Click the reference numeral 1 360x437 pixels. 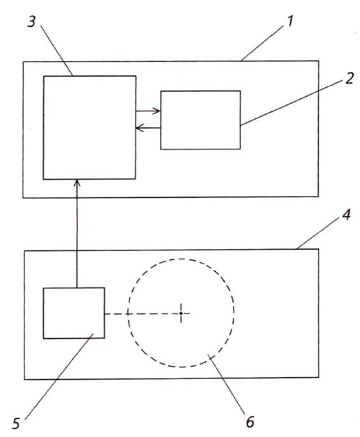(x=290, y=21)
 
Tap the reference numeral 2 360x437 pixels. (x=349, y=79)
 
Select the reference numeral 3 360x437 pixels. (x=32, y=22)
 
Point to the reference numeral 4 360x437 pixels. (x=346, y=215)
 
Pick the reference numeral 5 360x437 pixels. (x=16, y=424)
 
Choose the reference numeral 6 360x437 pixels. (x=250, y=422)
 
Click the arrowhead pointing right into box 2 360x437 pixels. (x=156, y=111)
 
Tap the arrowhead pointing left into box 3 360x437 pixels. (x=140, y=128)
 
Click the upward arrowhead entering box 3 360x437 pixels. (x=77, y=183)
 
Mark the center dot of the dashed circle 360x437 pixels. (x=181, y=314)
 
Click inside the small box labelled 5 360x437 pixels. (x=74, y=313)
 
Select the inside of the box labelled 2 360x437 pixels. (x=200, y=120)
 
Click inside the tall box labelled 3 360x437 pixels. (x=89, y=128)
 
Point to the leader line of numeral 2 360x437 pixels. (x=292, y=103)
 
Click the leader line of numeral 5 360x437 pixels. (x=59, y=376)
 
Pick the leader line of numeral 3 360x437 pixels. (x=57, y=50)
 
